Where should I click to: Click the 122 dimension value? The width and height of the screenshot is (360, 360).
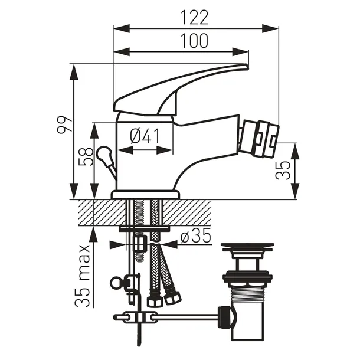(195, 18)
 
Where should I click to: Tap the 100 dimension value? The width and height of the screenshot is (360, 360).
(194, 41)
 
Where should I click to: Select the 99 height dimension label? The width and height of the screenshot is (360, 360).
(65, 125)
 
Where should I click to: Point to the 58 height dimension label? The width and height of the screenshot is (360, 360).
(86, 156)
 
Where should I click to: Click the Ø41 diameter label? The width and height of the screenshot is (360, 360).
(145, 136)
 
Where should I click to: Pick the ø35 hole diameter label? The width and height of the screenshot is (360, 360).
(195, 236)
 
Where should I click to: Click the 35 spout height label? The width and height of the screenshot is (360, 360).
(283, 171)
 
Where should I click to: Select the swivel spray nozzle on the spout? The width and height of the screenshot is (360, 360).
(258, 139)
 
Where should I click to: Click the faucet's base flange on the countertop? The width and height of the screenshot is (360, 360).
(145, 195)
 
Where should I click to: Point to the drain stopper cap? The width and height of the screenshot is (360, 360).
(247, 246)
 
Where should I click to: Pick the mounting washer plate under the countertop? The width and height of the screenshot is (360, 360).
(144, 228)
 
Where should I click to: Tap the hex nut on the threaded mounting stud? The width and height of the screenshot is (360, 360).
(139, 244)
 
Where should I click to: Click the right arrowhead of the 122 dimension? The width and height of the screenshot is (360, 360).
(270, 29)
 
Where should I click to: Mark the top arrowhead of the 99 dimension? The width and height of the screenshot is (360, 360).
(74, 72)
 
